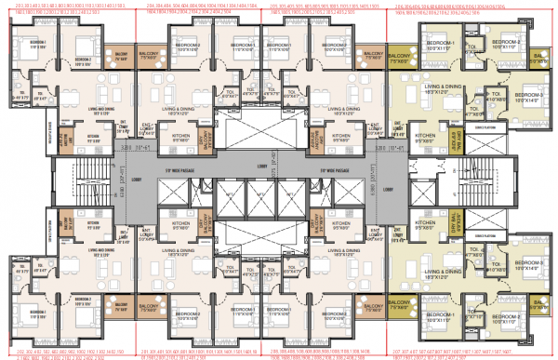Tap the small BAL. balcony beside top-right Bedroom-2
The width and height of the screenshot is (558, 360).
tap(538, 58)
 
